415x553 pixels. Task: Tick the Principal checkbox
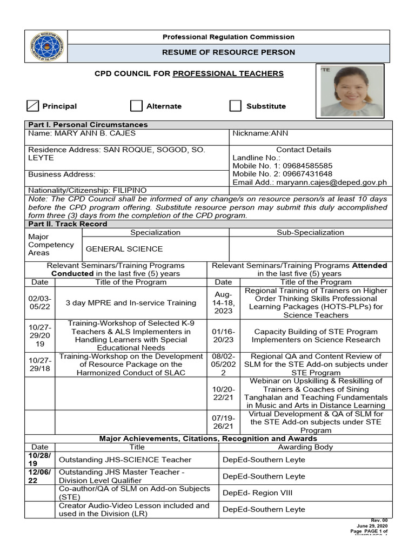point(34,106)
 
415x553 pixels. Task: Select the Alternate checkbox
point(136,106)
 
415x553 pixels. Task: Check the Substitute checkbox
point(235,106)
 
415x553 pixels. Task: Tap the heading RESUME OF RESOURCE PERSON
point(229,52)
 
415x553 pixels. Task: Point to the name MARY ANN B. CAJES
point(82,133)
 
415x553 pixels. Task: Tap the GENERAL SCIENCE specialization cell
point(124,249)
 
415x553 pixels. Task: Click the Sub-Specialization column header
point(310,232)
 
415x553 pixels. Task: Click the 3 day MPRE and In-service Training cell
point(131,303)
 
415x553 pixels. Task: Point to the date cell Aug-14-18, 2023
point(223,303)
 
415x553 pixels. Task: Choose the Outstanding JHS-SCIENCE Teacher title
point(125,460)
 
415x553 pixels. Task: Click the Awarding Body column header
point(305,447)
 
